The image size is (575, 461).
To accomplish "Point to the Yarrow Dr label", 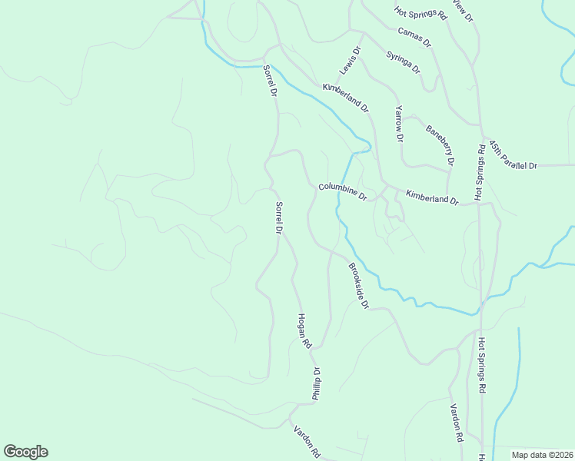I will tap(398, 124).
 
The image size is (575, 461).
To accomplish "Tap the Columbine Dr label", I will tap(343, 191).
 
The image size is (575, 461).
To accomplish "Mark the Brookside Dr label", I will tap(359, 286).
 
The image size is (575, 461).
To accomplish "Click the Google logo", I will tap(25, 452).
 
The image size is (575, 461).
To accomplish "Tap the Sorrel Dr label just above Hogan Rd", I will tap(280, 217).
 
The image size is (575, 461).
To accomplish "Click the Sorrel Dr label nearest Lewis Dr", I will tap(269, 81).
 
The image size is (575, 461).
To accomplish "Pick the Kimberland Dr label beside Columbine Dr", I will tap(432, 198).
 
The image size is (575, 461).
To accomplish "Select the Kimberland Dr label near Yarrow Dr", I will tap(346, 98).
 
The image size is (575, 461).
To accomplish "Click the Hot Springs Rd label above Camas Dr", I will tap(420, 12).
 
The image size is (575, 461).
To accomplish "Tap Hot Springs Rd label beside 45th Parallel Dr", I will tap(480, 172).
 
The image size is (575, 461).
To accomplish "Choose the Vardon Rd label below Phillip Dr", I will tap(306, 441).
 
